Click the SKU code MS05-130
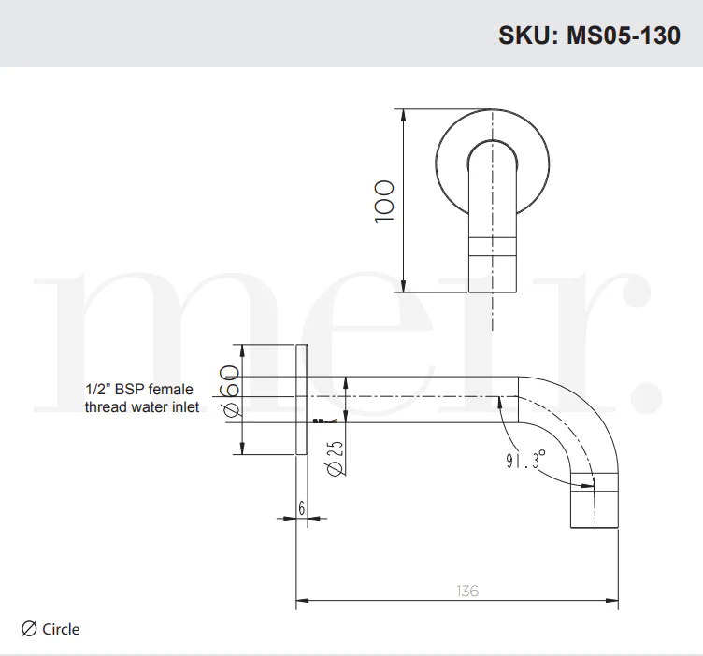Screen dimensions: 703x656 click(x=624, y=36)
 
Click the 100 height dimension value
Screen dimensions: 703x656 click(x=384, y=201)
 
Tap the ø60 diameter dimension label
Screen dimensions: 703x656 click(x=229, y=392)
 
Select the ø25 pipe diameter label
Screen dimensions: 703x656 click(x=335, y=458)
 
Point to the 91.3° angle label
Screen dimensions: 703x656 click(x=526, y=460)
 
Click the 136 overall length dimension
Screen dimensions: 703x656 click(x=467, y=591)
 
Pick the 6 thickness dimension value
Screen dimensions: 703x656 click(x=302, y=507)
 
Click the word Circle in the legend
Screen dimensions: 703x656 click(x=61, y=629)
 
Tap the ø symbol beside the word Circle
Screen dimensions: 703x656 click(x=29, y=629)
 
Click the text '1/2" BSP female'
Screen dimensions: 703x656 click(x=139, y=389)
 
